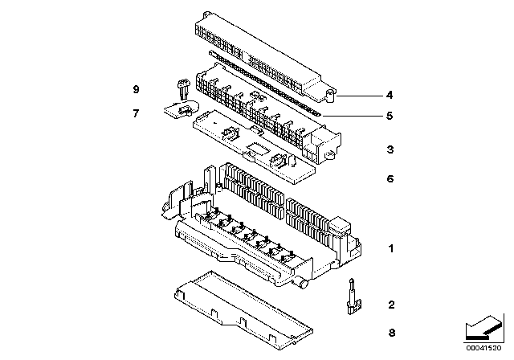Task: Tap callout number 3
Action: (390, 149)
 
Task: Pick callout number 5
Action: (390, 116)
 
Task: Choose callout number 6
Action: (390, 178)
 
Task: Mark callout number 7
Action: (137, 113)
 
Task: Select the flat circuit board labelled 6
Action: (257, 145)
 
